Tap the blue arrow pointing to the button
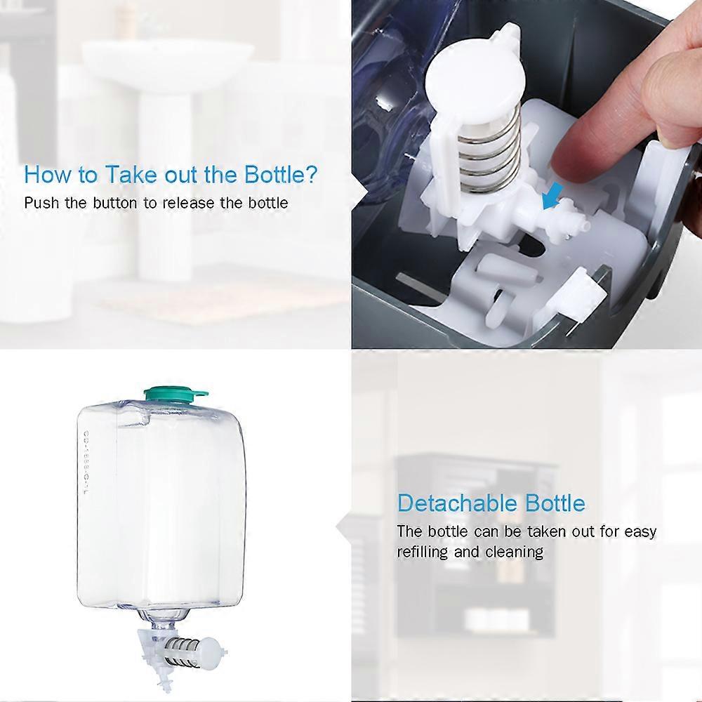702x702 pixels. (x=550, y=199)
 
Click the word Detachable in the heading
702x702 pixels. (x=458, y=503)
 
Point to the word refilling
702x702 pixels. (x=422, y=552)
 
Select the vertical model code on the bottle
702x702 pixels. (x=86, y=463)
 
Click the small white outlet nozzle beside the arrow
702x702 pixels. (x=579, y=221)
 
